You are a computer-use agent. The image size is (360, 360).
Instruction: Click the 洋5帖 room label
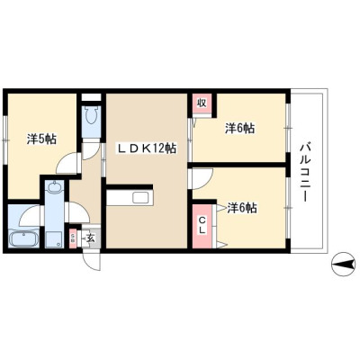coord(41,139)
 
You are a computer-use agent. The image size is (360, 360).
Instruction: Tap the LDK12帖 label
coord(147,148)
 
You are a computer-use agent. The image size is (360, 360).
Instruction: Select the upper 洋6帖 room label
coord(239,129)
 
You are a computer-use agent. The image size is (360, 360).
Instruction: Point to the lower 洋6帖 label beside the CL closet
coord(241,208)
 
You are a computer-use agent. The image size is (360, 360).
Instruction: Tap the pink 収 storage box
coord(202,103)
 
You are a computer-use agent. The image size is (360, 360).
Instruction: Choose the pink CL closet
coord(202,227)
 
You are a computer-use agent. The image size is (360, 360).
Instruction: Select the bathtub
coord(23,239)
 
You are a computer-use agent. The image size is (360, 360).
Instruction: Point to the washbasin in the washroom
coord(54,187)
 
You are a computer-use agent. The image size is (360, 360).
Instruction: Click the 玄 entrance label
coord(91,238)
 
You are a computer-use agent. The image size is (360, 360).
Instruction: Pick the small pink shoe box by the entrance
coord(73,238)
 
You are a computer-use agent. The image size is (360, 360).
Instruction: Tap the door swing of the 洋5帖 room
coord(67,163)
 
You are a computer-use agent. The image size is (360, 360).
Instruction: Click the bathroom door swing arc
coord(28,214)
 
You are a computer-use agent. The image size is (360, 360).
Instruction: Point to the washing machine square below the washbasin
coord(54,239)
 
